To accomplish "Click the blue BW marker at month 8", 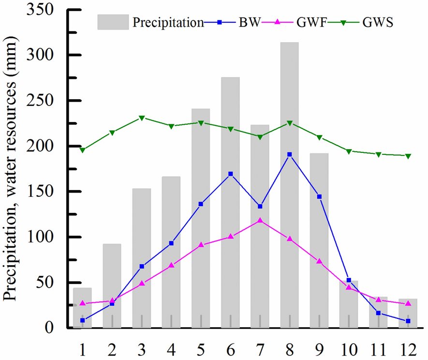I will tap(290, 154).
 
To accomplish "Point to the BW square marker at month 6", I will tap(231, 174).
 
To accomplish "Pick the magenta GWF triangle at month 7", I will tap(260, 220).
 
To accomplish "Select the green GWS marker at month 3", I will tap(142, 118).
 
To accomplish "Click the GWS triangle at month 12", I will tap(408, 156).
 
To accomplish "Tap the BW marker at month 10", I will tap(349, 280).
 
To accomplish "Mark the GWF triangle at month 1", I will tap(83, 303).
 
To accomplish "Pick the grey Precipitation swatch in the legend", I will tap(113, 22).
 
